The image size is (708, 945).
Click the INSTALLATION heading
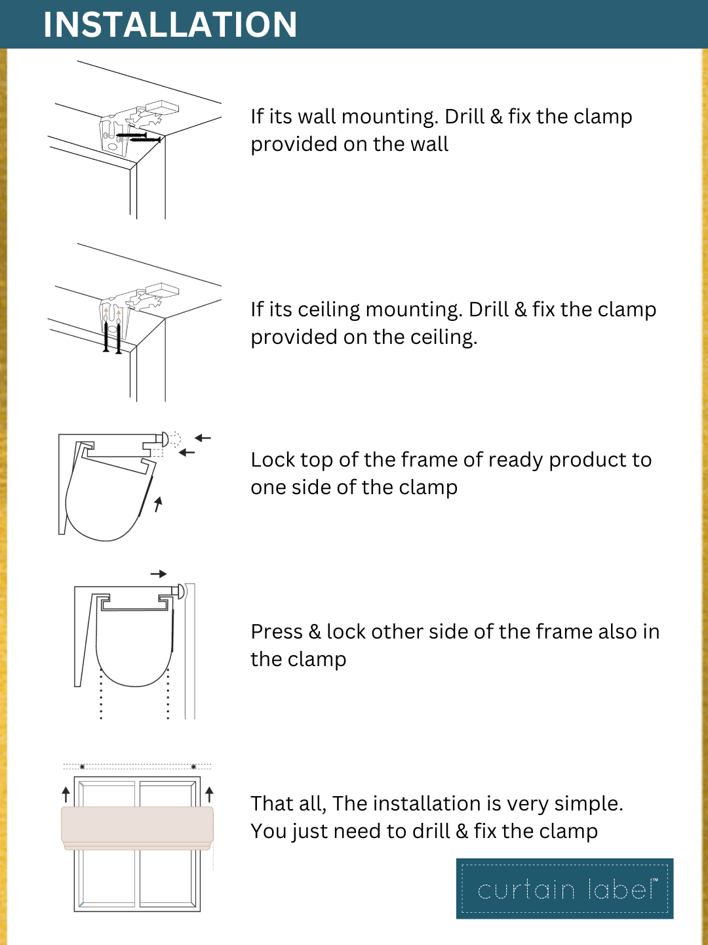coord(170,24)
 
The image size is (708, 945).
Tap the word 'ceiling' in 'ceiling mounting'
coord(329,309)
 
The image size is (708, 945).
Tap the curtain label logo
coord(565,889)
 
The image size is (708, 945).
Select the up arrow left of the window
coord(66,794)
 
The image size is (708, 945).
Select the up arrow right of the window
coord(209,794)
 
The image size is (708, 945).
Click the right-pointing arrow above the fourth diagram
coord(159,574)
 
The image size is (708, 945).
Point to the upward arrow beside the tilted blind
coord(158,504)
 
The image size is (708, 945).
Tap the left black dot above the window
coord(82,766)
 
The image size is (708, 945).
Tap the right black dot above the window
coord(193,766)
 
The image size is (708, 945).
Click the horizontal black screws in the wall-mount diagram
coord(139,137)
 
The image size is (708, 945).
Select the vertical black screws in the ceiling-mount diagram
coord(112,336)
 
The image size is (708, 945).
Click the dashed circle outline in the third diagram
coord(174,439)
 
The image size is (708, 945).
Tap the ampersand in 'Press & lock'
coord(314,631)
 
